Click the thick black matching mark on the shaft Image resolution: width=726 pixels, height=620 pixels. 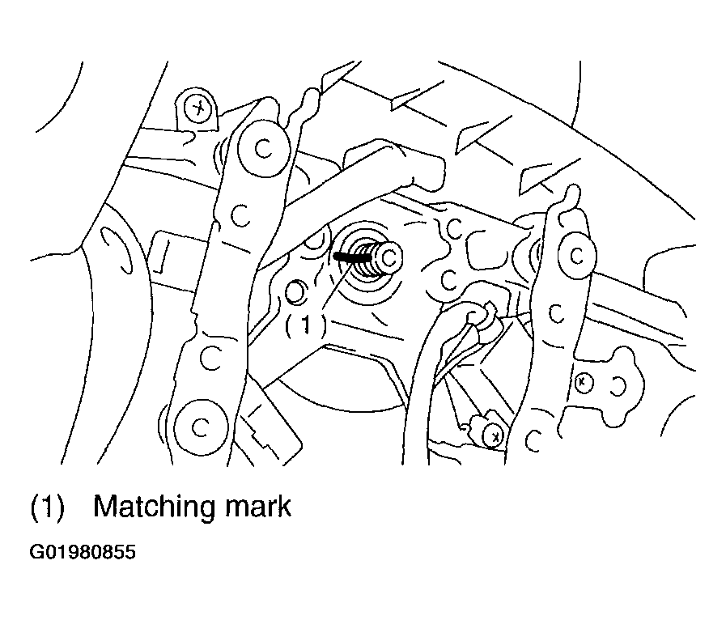pyautogui.click(x=352, y=257)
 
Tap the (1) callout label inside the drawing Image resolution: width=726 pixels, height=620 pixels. pyautogui.click(x=305, y=325)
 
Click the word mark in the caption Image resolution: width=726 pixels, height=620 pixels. pyautogui.click(x=258, y=506)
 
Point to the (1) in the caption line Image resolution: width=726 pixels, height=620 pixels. pyautogui.click(x=47, y=507)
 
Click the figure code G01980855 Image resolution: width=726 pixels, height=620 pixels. pyautogui.click(x=83, y=552)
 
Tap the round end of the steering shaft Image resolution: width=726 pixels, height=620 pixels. pyautogui.click(x=390, y=257)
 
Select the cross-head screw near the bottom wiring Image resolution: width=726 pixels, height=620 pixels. pyautogui.click(x=495, y=436)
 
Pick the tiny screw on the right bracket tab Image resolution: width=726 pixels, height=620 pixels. pyautogui.click(x=584, y=383)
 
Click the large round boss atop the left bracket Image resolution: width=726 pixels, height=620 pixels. pyautogui.click(x=263, y=148)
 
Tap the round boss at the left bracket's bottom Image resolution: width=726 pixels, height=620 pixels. pyautogui.click(x=202, y=427)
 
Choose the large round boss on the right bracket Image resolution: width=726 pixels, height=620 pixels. pyautogui.click(x=577, y=256)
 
